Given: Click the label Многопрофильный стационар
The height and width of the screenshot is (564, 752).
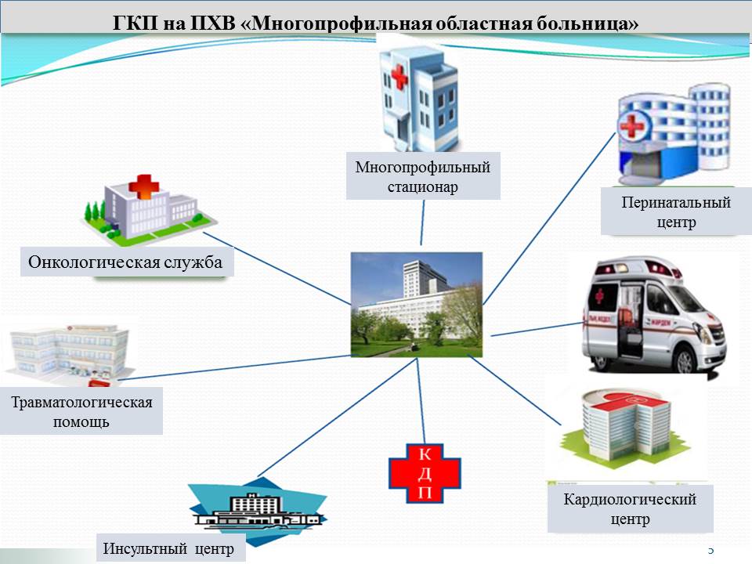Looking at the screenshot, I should [423, 177].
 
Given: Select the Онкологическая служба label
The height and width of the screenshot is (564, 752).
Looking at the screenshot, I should [126, 262].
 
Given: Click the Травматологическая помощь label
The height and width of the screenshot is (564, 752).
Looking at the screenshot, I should [81, 411].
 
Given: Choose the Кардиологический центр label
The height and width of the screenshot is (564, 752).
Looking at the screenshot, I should [630, 508].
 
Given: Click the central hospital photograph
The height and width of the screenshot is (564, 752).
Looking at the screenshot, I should [416, 304].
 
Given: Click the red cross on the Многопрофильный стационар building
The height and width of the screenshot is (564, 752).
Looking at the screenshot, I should [399, 77].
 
